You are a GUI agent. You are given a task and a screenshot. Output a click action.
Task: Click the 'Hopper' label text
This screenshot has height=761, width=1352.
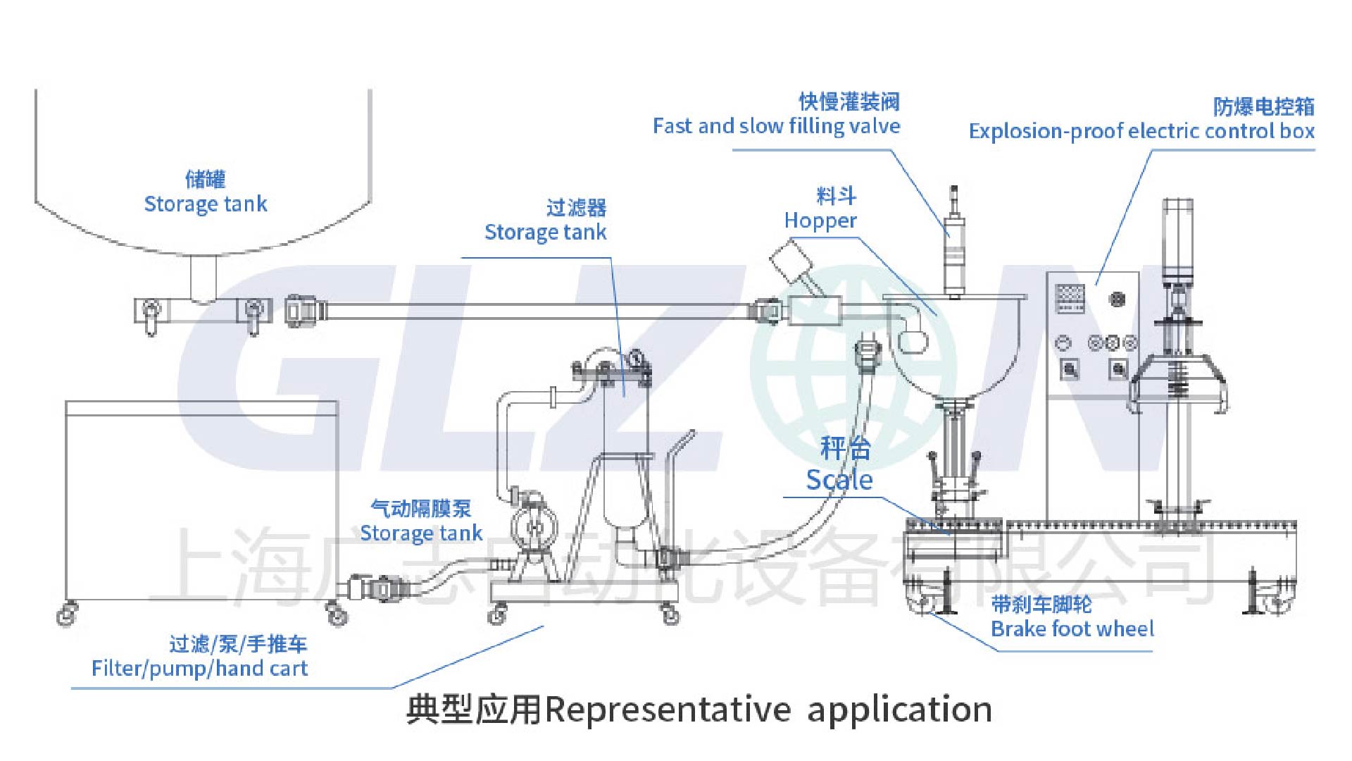820,221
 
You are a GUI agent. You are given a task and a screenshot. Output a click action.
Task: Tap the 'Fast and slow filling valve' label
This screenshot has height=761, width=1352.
776,126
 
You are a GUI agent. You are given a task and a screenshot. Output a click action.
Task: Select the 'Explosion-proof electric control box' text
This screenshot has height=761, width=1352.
1141,131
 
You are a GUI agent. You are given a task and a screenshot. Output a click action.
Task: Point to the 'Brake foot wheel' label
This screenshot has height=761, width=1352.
1072,629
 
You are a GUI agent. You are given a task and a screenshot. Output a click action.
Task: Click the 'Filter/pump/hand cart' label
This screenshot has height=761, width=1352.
199,668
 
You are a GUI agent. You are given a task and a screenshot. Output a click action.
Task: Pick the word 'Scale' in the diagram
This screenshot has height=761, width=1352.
839,480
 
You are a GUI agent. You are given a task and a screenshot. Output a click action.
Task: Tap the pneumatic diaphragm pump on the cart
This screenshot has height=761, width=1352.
534,525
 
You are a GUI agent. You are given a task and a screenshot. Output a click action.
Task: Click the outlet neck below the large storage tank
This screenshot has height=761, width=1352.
204,278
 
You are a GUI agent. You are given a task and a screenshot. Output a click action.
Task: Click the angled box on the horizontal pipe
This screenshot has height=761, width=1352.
791,262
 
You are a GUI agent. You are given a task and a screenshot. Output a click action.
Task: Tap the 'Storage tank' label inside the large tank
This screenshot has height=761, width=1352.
205,204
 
